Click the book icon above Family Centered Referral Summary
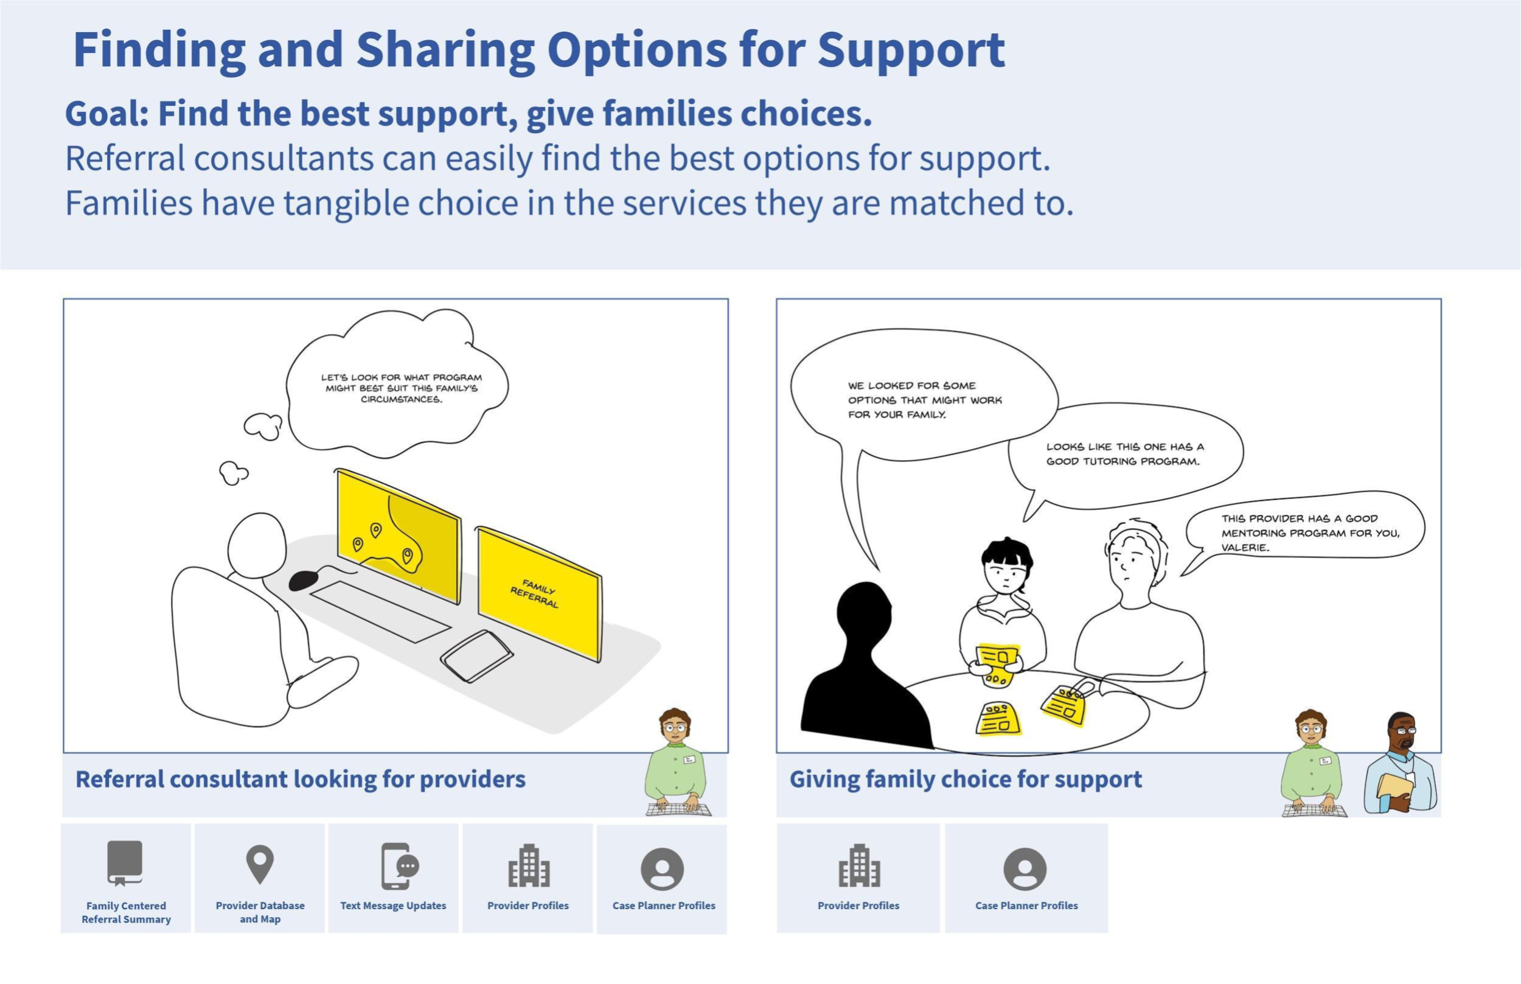point(125,864)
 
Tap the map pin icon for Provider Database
point(260,865)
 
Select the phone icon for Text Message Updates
point(397,867)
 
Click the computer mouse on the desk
point(303,581)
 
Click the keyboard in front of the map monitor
point(380,611)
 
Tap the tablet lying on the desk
point(476,655)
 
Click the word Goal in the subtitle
point(106,114)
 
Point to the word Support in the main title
point(911,50)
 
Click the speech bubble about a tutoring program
point(1124,455)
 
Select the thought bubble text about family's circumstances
point(401,388)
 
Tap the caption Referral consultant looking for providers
point(300,780)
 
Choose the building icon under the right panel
point(858,867)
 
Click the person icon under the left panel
point(662,869)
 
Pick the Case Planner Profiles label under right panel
point(1026,905)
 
